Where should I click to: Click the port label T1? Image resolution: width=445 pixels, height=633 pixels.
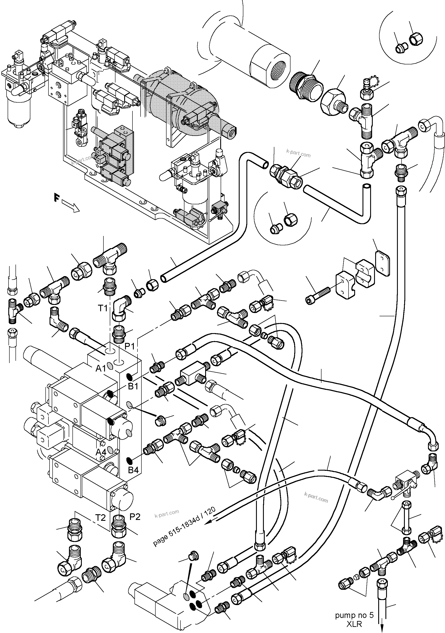[x=103, y=308]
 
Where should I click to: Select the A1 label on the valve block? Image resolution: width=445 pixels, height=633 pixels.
[x=101, y=369]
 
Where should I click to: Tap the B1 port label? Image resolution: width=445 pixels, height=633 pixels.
[x=133, y=386]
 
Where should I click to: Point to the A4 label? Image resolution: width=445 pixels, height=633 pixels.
[x=101, y=452]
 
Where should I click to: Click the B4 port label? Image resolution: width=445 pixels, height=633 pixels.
[x=133, y=470]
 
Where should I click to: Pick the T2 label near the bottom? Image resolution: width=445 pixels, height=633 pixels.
[x=101, y=518]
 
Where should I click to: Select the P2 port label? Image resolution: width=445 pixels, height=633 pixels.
[x=135, y=517]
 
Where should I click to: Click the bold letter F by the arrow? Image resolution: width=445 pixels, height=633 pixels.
[x=57, y=198]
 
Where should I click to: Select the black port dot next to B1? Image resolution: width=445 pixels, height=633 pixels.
[x=129, y=376]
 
